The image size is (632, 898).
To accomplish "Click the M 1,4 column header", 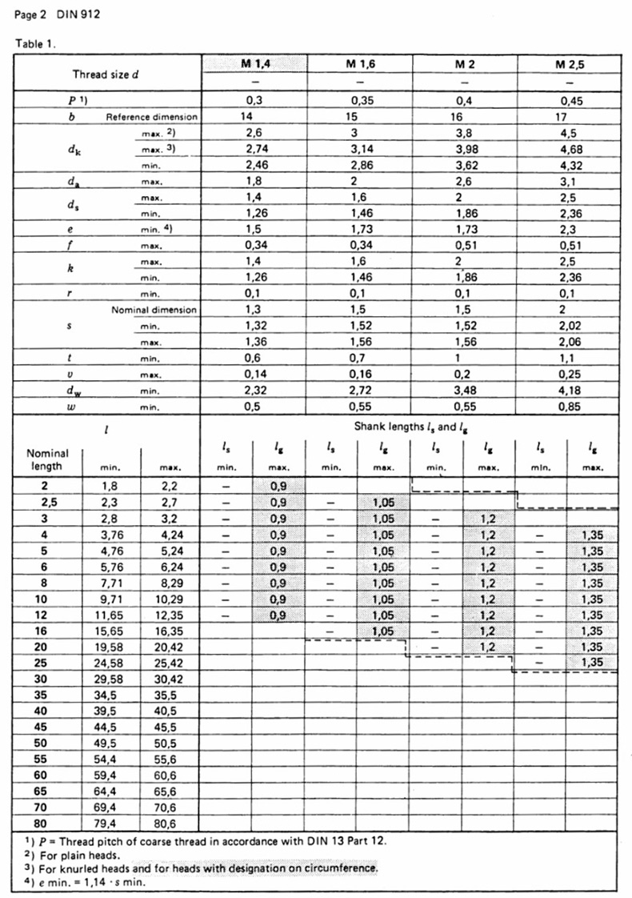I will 255,65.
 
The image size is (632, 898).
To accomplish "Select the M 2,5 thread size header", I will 570,65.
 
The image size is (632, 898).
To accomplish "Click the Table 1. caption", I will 35,43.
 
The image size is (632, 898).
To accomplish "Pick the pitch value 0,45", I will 570,101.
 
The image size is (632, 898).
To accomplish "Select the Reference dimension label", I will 152,117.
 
